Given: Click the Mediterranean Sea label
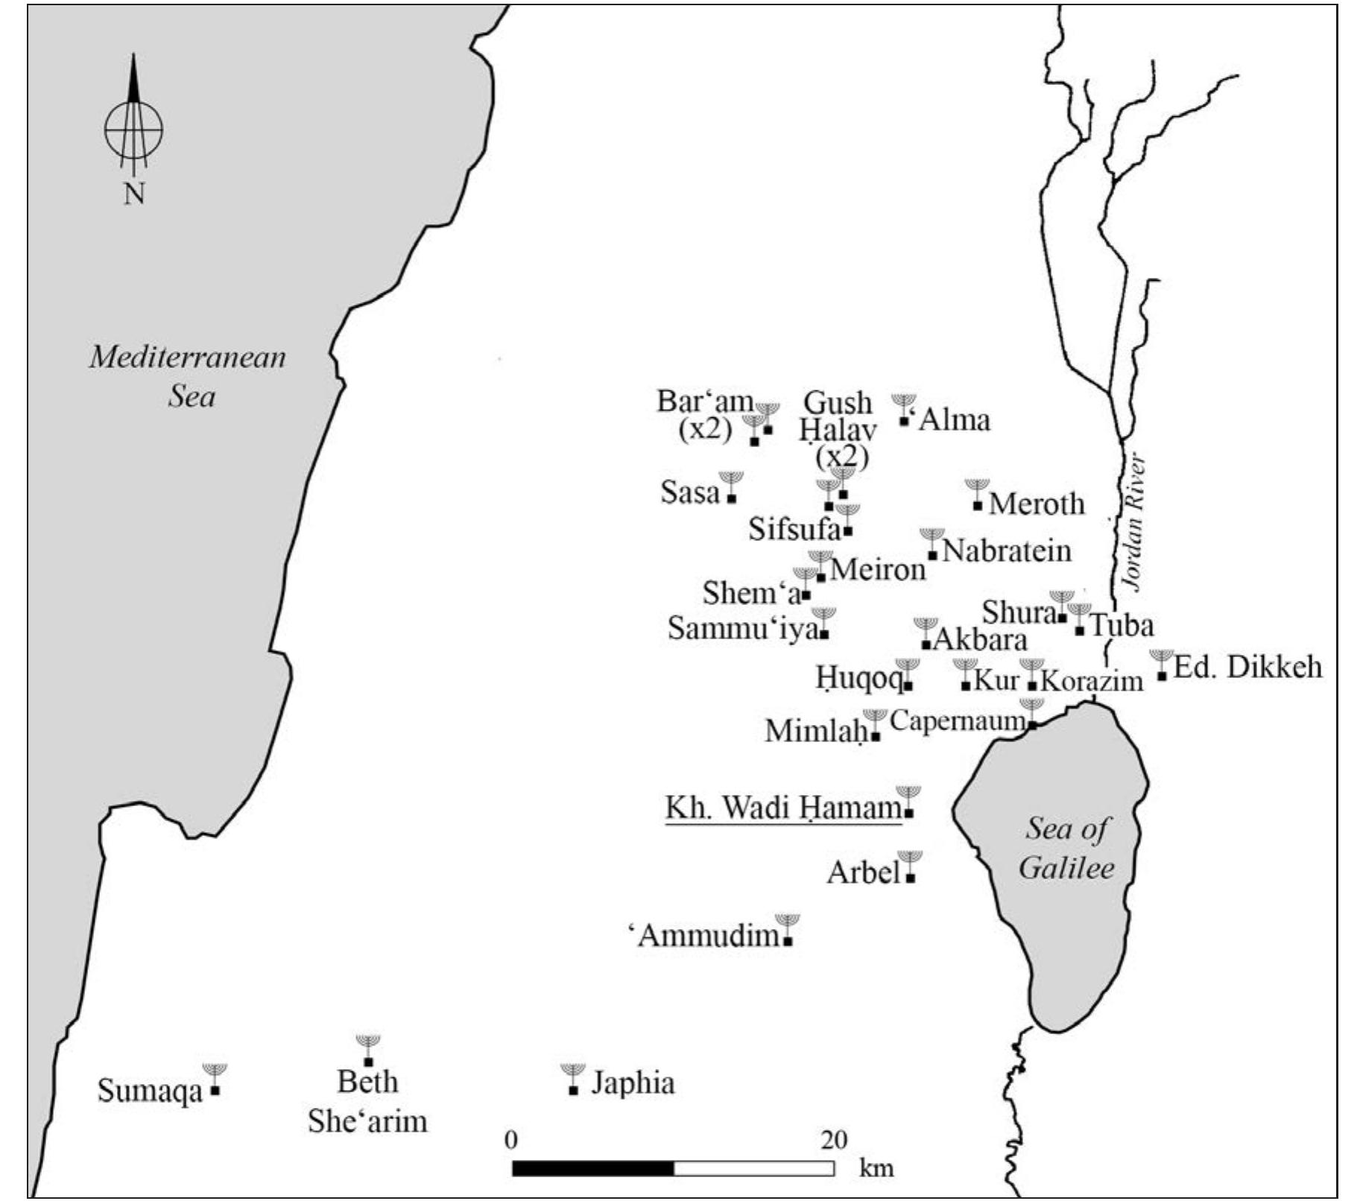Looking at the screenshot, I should [188, 376].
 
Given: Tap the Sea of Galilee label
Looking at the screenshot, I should [1066, 848].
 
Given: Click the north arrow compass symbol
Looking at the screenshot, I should [133, 127].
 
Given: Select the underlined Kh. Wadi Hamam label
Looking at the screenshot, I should [782, 808].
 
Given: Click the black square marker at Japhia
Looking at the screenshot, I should [573, 1091].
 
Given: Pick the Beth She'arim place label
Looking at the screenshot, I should [368, 1101].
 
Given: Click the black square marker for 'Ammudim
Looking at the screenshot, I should [788, 941].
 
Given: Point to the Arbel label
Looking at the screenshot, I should [864, 872].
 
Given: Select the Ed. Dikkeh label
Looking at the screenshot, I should [1247, 667].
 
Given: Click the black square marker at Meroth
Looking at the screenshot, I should [978, 506].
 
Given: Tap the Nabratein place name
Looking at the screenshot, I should [1007, 551].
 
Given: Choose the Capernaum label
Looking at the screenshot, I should [957, 721].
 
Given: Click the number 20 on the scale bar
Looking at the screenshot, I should [835, 1140].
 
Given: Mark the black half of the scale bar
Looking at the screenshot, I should [593, 1168].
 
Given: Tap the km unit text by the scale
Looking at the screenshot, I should [876, 1167].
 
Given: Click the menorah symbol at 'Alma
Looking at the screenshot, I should [904, 403].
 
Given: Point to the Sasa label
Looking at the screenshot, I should [690, 492].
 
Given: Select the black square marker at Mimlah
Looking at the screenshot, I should [876, 737].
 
